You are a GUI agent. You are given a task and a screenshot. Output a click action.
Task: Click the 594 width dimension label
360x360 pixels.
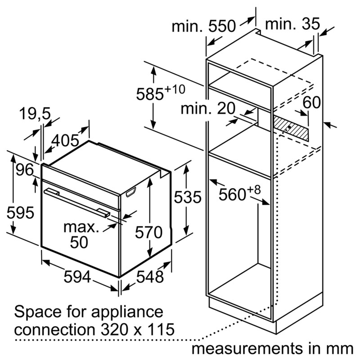click(77, 276)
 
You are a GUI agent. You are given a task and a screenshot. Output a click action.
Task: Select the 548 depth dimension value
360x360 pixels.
click(150, 276)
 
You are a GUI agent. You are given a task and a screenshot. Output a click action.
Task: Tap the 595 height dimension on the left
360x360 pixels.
click(20, 212)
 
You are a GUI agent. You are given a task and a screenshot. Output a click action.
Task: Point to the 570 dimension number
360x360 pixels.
click(149, 232)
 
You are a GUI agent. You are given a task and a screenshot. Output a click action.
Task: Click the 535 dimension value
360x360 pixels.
click(188, 197)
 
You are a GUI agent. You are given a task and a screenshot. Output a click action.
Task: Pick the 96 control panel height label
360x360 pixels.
click(25, 170)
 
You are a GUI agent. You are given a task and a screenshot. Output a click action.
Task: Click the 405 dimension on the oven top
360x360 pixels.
click(65, 140)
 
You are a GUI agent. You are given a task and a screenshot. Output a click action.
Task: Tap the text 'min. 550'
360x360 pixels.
click(204, 26)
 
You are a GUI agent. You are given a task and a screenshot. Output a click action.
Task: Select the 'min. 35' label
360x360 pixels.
click(292, 24)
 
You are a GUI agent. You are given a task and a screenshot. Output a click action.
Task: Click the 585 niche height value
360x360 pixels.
click(161, 93)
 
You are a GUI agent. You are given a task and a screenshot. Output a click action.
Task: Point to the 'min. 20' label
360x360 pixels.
click(208, 108)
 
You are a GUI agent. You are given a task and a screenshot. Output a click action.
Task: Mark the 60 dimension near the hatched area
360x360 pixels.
click(311, 102)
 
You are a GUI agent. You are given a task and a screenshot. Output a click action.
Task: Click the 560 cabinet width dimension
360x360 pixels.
click(239, 193)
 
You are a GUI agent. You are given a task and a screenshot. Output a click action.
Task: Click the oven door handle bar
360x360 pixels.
click(77, 202)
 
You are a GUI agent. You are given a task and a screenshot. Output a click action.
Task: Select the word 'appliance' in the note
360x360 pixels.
click(127, 312)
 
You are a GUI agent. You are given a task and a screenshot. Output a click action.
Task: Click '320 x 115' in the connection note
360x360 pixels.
click(138, 329)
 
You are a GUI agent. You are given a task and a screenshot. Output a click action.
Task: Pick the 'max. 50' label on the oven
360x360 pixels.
click(81, 234)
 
